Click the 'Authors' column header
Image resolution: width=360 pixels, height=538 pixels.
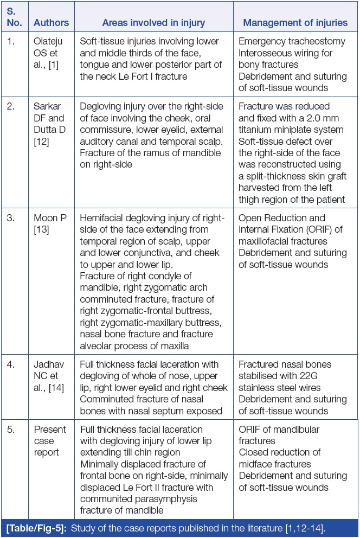click(x=51, y=23)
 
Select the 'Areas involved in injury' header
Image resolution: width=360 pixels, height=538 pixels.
click(x=153, y=23)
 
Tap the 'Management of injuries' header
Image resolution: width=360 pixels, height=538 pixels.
click(x=295, y=23)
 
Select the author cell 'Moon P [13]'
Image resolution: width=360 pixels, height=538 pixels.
click(x=50, y=223)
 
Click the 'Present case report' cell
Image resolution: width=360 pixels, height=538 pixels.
click(x=50, y=440)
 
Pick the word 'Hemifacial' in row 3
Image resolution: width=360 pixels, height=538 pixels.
click(x=103, y=217)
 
